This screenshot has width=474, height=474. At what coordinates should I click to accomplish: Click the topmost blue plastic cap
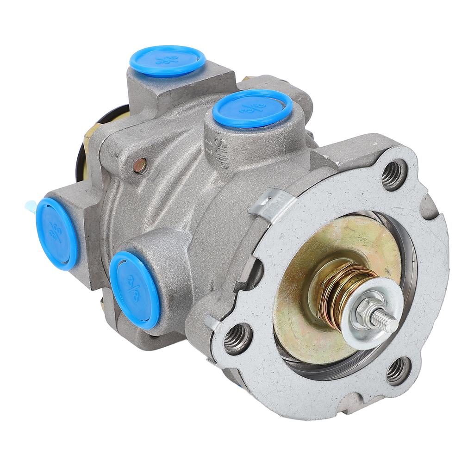click(167, 60)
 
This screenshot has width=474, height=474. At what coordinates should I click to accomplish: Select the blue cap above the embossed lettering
click(252, 108)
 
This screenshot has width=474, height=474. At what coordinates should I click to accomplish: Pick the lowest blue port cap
click(135, 290)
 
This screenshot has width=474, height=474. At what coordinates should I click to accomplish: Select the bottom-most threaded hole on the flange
click(398, 370)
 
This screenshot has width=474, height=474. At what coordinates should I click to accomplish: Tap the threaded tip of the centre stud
click(387, 320)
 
